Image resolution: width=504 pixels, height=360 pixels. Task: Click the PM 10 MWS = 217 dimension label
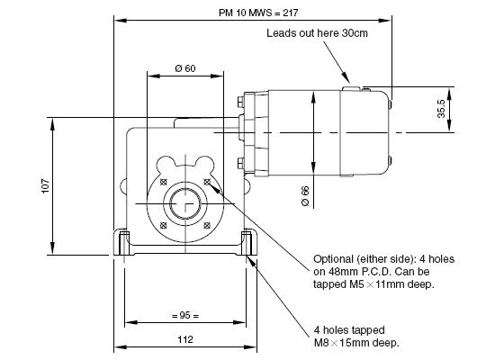point(258,13)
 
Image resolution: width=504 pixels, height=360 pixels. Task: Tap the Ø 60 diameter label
point(185,68)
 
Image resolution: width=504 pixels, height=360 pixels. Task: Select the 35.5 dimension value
point(442,109)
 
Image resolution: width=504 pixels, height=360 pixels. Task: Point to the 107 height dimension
point(46,186)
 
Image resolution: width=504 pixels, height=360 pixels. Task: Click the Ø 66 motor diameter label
point(305,196)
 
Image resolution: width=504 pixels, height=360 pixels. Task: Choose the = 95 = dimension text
point(185,315)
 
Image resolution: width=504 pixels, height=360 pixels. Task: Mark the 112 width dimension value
point(185,339)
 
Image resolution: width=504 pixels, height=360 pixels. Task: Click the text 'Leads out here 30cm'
point(317,33)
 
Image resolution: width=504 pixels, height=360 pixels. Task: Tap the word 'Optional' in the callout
point(333,259)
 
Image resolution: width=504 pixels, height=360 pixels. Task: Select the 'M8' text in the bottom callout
point(321,343)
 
